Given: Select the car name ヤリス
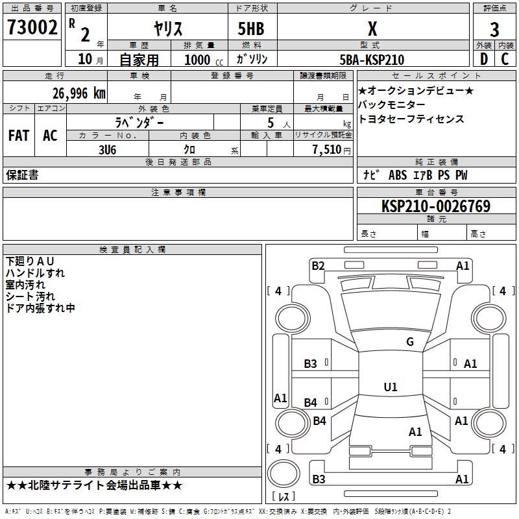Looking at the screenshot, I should (168, 29).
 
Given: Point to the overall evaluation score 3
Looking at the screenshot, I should (494, 29).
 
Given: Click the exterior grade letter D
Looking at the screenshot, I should (483, 60).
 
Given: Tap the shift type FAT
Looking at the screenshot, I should (19, 136).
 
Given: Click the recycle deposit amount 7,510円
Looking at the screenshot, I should (332, 149).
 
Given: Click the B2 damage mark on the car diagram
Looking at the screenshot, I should (318, 265).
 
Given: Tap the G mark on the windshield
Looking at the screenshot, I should (409, 342).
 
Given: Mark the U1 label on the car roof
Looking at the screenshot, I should (391, 387).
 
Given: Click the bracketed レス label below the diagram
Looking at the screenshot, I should (283, 497).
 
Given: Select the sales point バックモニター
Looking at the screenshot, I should (392, 104).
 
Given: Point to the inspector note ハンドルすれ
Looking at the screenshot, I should (35, 273).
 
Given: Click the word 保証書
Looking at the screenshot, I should (22, 175).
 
